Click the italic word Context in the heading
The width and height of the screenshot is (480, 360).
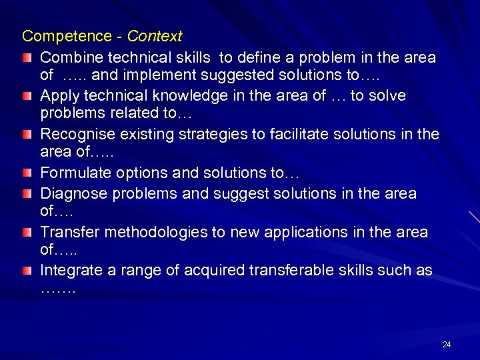click(x=155, y=35)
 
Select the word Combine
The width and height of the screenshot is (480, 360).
click(x=65, y=57)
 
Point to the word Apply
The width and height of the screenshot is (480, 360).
click(x=58, y=96)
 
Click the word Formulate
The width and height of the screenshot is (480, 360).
click(x=72, y=173)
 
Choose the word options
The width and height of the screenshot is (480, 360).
click(x=135, y=173)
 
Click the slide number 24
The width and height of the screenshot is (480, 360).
click(x=447, y=345)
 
